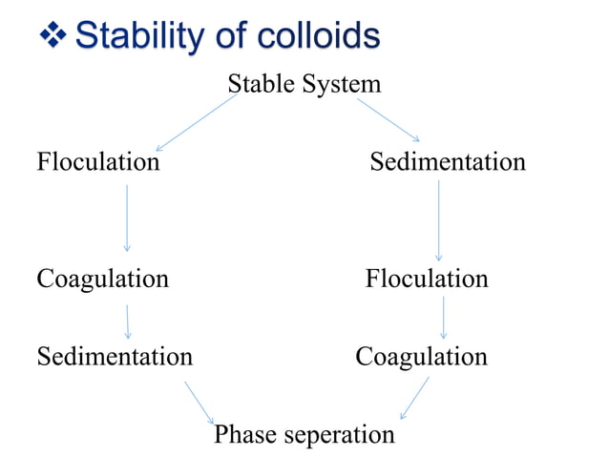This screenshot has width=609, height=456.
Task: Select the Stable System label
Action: [x=304, y=84]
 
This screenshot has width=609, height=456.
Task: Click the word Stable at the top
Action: [x=261, y=84]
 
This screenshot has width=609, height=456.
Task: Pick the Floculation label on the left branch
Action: [x=98, y=162]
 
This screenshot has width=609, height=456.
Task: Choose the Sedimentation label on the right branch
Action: [x=448, y=162]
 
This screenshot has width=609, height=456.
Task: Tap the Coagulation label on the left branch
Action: [x=102, y=279]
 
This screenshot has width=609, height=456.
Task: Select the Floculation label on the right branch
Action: [x=427, y=279]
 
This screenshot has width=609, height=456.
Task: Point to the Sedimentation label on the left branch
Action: [x=115, y=357]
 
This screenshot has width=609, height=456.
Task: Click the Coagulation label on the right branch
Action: [x=421, y=357]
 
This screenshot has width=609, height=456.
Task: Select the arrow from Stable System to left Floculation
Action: [x=197, y=121]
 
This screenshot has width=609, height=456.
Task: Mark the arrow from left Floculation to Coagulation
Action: [x=127, y=218]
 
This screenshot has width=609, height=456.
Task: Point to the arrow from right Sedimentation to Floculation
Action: [x=438, y=220]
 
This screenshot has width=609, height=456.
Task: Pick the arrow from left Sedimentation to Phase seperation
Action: [x=199, y=402]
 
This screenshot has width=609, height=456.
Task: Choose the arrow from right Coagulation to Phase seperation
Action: [x=414, y=397]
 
